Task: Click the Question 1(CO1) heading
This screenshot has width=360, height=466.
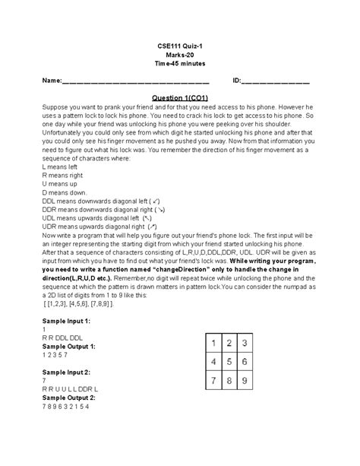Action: pyautogui.click(x=180, y=97)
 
